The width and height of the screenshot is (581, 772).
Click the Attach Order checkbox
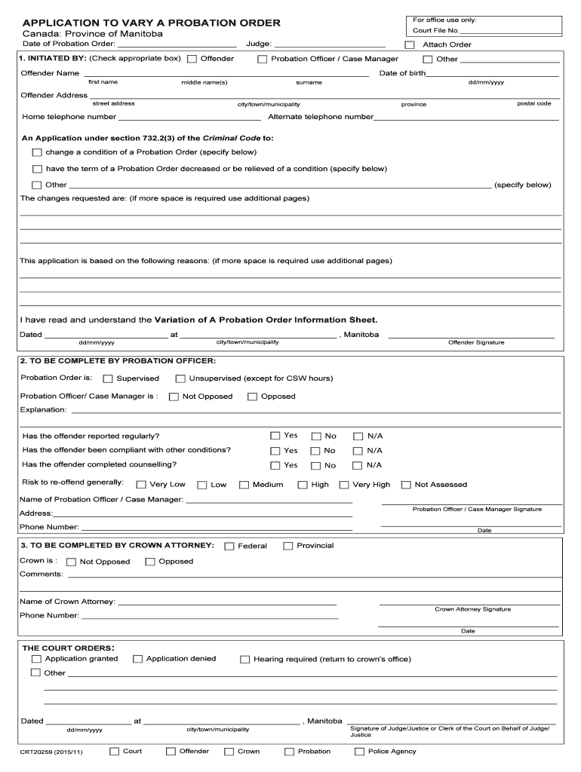(410, 44)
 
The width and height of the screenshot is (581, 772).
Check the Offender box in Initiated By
(192, 59)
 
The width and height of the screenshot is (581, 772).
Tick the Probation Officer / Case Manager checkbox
(263, 59)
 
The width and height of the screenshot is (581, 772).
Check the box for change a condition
(37, 152)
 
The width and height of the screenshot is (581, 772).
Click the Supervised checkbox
(108, 378)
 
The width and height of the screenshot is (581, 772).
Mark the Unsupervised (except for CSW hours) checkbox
(180, 378)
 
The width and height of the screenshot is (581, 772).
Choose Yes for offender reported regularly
(275, 436)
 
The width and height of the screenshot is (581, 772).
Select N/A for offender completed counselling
(358, 466)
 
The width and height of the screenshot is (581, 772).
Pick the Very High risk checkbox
(344, 485)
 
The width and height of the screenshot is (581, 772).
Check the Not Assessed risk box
(406, 485)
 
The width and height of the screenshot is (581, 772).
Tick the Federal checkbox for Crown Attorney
(229, 546)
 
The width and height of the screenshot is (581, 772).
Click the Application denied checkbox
(138, 659)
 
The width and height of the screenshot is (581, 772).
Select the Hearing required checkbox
(245, 660)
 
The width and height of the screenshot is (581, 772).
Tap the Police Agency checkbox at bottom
(359, 752)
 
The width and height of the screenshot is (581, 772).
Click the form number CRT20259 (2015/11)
(51, 752)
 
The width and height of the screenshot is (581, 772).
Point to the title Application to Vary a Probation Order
(151, 23)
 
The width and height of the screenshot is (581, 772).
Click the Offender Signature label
(476, 342)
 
